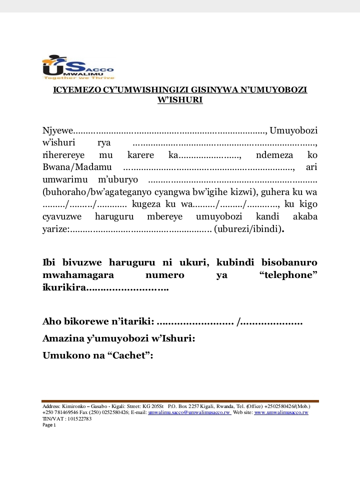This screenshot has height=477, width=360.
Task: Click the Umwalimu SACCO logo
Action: [78, 66]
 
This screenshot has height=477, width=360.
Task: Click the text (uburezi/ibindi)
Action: [248, 229]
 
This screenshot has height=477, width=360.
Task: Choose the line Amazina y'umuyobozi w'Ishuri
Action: [118, 338]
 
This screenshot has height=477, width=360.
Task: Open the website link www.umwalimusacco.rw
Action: [281, 412]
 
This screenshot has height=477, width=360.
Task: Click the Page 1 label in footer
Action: [49, 425]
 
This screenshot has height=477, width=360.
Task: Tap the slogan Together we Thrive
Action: [79, 78]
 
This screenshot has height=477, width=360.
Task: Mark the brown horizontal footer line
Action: [180, 401]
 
